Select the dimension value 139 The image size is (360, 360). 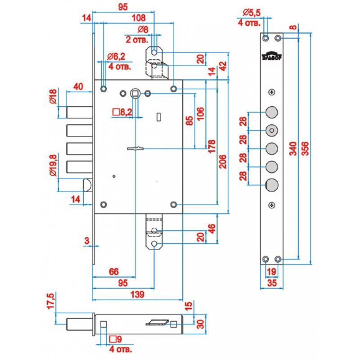click(138, 294)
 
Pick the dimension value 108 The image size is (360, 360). click(138, 18)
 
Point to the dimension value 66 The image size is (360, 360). click(114, 271)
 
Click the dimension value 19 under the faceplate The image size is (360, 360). click(271, 271)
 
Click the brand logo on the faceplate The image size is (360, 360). click(270, 56)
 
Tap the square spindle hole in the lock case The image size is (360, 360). click(135, 93)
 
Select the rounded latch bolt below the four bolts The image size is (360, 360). click(88, 184)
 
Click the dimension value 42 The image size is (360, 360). click(222, 66)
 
